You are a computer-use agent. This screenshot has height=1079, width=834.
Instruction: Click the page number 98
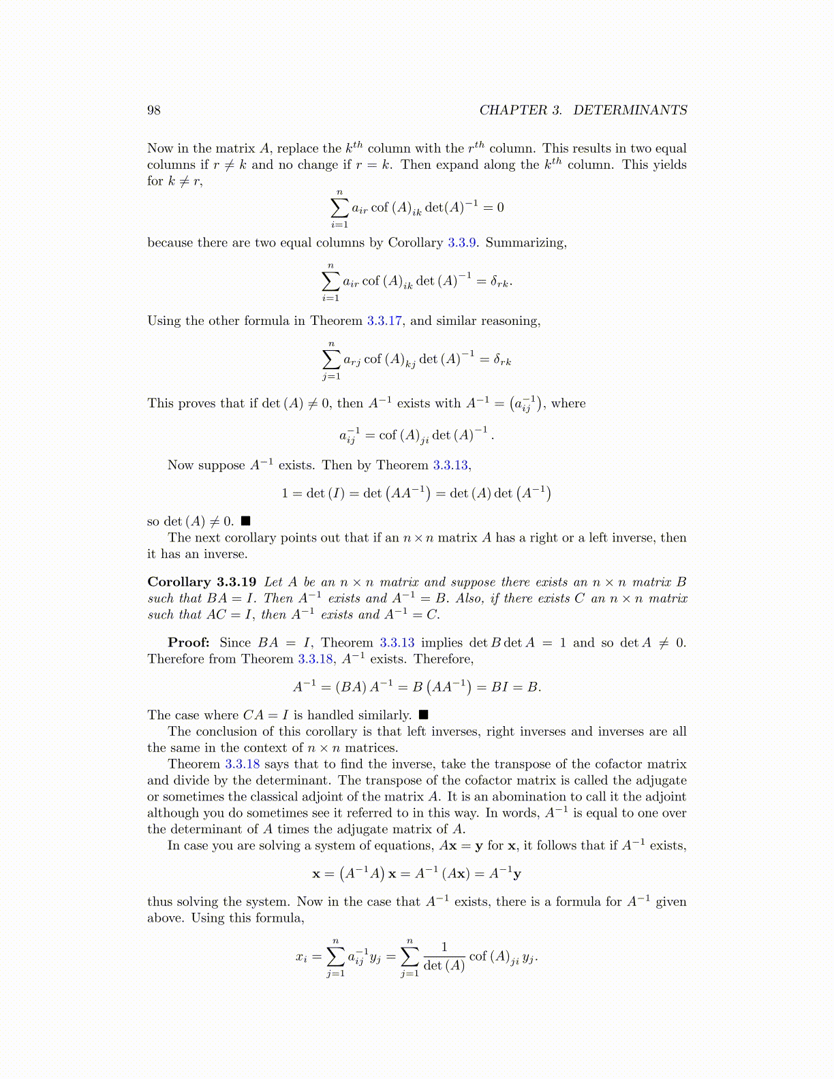154,110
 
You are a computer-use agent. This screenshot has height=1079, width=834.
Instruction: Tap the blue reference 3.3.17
384,321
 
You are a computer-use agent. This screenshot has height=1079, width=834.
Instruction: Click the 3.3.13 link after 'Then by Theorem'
450,465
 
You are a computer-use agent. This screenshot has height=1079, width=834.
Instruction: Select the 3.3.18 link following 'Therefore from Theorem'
315,659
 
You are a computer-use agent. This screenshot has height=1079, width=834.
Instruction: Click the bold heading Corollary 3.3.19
202,582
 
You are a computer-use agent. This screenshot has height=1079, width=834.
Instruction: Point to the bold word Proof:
189,642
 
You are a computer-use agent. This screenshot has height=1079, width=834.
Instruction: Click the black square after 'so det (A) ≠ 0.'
246,522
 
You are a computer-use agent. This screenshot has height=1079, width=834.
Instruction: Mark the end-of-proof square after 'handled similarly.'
423,715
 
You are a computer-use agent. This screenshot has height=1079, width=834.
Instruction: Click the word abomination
529,796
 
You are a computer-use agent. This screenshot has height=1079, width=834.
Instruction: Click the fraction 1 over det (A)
444,956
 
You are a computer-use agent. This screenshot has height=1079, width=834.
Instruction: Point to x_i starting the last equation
301,957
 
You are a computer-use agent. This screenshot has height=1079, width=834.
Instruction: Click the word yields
669,164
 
